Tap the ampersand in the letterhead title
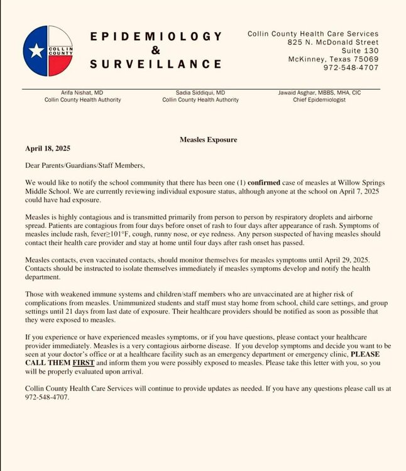155,50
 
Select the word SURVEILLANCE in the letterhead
155,64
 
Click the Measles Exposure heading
209,139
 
